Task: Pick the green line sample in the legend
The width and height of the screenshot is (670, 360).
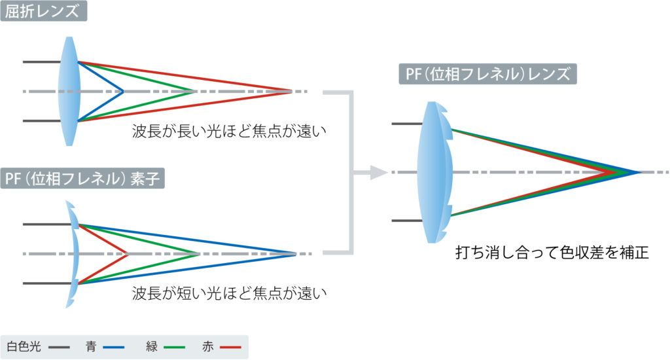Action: (x=175, y=346)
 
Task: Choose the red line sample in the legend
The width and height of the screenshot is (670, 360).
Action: (x=231, y=346)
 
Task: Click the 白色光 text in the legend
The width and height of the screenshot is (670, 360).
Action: (x=24, y=346)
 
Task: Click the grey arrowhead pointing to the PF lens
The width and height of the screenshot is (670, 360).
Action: (x=378, y=173)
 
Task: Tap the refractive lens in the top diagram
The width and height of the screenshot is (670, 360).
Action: (x=70, y=92)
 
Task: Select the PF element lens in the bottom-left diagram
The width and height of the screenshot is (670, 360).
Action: (x=73, y=253)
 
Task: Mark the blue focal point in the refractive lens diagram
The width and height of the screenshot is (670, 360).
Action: (x=123, y=92)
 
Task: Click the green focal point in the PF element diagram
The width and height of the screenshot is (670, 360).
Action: (x=199, y=253)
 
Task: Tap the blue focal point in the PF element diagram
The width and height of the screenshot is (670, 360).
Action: (x=296, y=253)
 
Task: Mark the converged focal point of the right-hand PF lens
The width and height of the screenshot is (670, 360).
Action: (x=638, y=173)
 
